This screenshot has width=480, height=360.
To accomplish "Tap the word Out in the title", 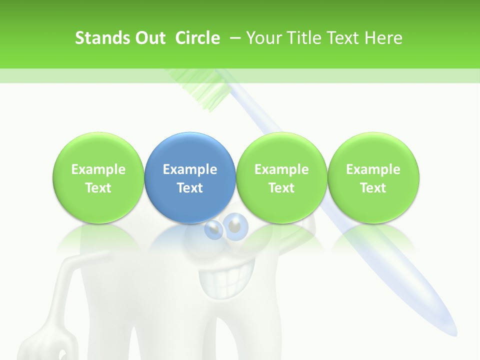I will coord(149,38).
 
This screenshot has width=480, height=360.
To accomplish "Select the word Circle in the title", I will coord(197,38).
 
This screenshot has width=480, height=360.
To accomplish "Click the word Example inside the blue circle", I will coord(190,169).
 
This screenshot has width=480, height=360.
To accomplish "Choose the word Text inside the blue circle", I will coord(190,188).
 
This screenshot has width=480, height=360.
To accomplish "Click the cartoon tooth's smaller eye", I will coord(214,229).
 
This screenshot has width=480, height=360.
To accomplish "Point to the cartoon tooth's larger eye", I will coord(235,226).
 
